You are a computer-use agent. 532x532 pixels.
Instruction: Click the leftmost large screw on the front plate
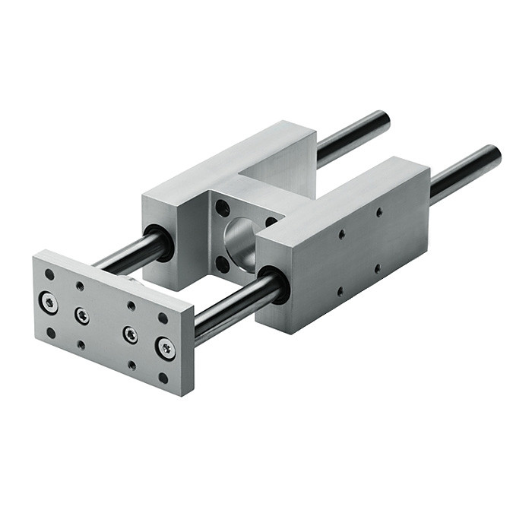[49, 302]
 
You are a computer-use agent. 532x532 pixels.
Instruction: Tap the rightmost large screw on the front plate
[166, 348]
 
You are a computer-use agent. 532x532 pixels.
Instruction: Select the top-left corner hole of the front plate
[49, 274]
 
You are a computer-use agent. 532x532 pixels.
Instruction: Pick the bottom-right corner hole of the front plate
[163, 377]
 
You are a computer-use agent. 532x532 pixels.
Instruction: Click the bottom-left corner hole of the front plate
[51, 332]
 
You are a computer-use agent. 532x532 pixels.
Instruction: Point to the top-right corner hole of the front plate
[163, 318]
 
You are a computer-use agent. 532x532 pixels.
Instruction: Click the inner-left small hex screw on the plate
[82, 315]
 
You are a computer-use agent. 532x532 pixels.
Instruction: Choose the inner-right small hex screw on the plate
[131, 334]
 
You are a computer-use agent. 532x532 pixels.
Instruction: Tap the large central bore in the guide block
[242, 242]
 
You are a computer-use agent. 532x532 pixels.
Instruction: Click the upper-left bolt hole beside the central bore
[223, 208]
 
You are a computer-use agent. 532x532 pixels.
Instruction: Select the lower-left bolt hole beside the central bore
[223, 264]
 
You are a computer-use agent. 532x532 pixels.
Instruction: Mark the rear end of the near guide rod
[493, 156]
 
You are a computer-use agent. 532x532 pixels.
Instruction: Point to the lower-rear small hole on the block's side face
[378, 268]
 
